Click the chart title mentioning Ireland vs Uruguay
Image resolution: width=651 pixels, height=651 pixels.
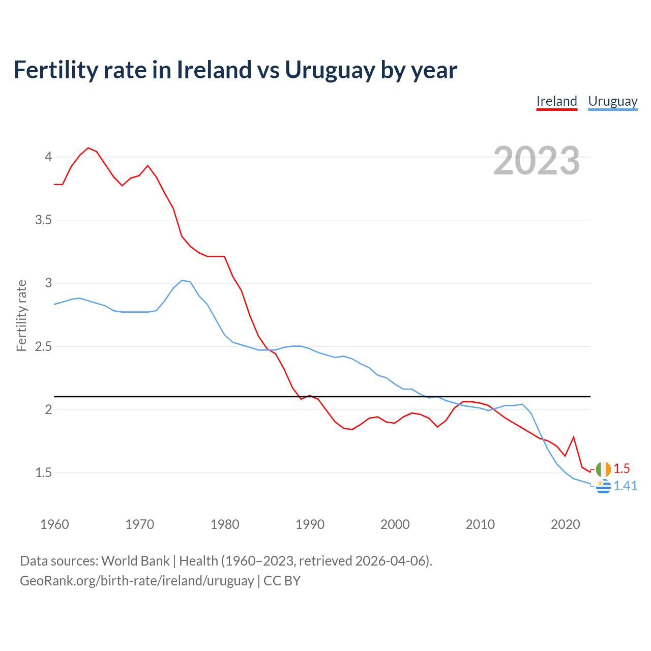tap(235, 70)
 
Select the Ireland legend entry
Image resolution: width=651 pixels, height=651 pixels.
tap(557, 101)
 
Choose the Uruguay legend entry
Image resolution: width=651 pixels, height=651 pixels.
tap(612, 101)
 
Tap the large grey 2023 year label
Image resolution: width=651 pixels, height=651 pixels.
tap(537, 161)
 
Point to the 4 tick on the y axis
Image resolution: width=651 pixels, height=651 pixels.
tap(48, 157)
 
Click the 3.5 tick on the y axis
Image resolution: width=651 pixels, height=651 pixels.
tap(44, 220)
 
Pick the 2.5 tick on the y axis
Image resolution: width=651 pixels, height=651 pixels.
tap(44, 346)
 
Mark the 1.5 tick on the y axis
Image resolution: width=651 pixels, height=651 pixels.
tap(44, 472)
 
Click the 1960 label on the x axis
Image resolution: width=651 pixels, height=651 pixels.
tap(54, 524)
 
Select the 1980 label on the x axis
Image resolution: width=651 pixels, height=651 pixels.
tap(225, 524)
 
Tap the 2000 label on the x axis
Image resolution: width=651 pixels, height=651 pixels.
tap(395, 524)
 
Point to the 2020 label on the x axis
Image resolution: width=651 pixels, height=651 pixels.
tap(565, 524)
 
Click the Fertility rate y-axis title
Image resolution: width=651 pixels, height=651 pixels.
tap(21, 315)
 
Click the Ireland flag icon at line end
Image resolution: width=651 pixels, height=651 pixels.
tap(603, 469)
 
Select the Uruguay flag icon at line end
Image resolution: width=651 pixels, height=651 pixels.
tap(603, 486)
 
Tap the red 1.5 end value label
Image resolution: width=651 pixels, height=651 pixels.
tap(622, 468)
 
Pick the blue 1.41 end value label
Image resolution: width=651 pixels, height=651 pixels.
tap(625, 486)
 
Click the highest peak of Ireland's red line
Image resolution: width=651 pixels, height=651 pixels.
tap(88, 148)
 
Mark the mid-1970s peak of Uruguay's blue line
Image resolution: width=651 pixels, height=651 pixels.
tap(182, 280)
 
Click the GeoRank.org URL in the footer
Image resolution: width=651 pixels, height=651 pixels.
tap(137, 581)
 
